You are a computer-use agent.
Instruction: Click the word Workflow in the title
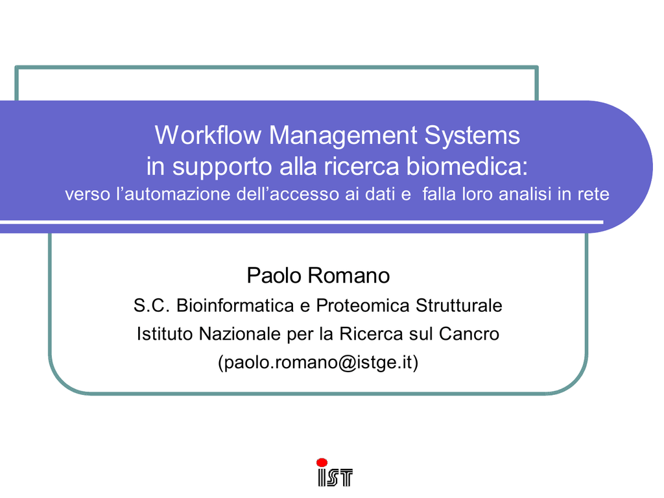coord(208,135)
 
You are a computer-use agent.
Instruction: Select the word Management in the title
coord(344,136)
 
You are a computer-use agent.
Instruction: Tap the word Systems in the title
coord(472,136)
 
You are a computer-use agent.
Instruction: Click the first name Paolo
coord(274,275)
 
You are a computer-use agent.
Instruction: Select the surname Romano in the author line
coord(349,275)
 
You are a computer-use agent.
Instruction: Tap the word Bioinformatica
coord(235,305)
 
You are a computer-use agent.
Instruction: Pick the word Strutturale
coord(459,305)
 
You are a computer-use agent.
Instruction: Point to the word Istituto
coord(165,334)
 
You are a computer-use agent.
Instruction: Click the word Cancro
coord(469,334)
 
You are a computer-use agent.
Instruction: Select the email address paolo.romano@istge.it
coord(318,362)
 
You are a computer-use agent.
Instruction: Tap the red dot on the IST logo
coord(322,462)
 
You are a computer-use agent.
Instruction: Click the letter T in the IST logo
coord(345,477)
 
